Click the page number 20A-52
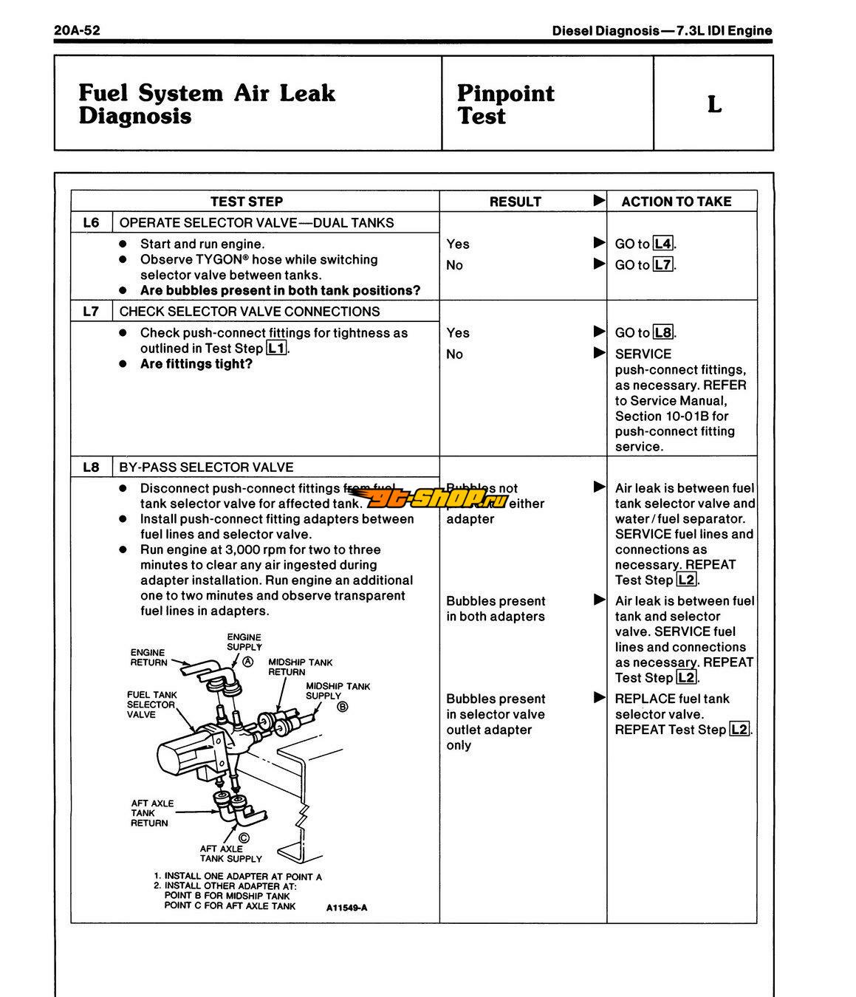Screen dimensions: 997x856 coord(77,30)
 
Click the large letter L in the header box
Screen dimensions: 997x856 coord(713,104)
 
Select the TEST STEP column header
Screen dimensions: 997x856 coord(247,202)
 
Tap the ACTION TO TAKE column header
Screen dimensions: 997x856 coord(676,202)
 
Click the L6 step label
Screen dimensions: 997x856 coord(91,222)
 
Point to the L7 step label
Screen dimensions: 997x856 coord(91,311)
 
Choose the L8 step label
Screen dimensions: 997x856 coord(91,467)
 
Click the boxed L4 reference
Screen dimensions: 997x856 coord(663,244)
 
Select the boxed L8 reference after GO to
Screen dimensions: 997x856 coord(663,332)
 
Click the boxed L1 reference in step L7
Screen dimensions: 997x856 coord(277,349)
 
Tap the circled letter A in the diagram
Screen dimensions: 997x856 coord(248,662)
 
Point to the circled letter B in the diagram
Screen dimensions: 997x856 coord(342,707)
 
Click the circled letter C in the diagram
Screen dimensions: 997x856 coord(244,837)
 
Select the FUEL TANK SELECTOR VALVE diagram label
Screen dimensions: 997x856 coord(151,705)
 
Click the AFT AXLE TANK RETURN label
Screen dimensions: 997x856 coord(151,813)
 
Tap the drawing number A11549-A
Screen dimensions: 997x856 coord(346,908)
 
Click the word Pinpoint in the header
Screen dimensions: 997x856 coord(505,93)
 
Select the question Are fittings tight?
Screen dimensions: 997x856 coord(196,364)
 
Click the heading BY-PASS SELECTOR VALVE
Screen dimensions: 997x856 coord(206,467)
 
